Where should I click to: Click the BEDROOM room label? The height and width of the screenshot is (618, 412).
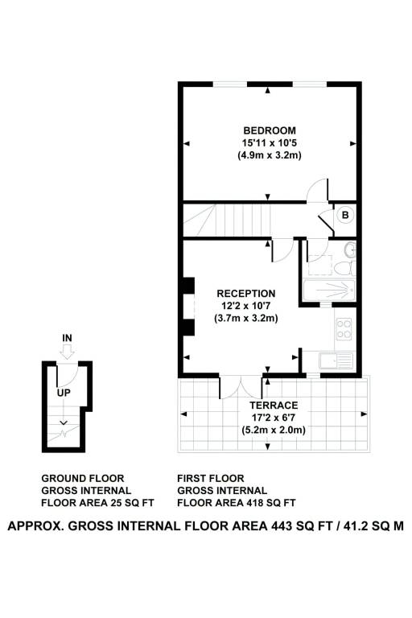tap(270, 130)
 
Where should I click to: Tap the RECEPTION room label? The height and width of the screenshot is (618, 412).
tap(246, 294)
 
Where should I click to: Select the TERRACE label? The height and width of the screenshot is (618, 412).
tap(274, 406)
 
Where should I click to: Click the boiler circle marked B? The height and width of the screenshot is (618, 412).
tap(345, 215)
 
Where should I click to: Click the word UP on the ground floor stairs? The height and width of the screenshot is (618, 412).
tap(64, 393)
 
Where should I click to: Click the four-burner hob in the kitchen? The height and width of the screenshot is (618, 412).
tap(344, 329)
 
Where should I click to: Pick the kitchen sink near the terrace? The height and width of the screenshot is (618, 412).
tap(336, 361)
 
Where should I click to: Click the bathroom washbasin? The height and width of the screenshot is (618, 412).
tap(350, 249)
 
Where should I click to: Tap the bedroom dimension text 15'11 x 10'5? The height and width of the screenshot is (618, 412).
tap(270, 142)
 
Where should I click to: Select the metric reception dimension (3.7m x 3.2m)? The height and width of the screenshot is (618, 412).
tap(246, 318)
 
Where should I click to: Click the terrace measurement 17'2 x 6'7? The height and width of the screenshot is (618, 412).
tap(274, 418)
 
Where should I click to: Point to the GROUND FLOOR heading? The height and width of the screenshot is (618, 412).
tap(83, 479)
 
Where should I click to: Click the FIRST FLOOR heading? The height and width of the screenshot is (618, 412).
tap(211, 479)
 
